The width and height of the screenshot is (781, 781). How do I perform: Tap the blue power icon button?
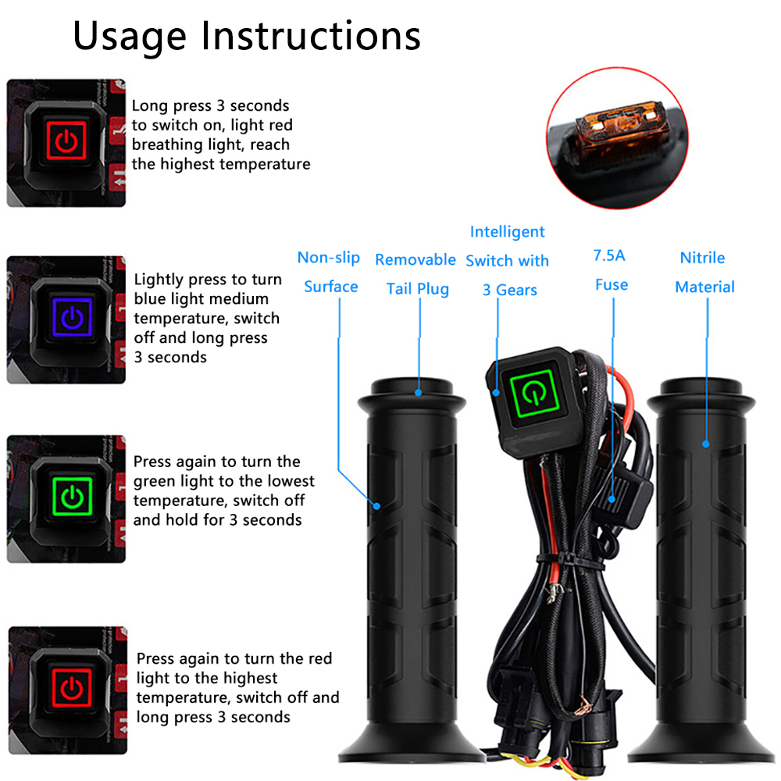(x=71, y=317)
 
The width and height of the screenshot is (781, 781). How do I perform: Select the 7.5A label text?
(x=609, y=255)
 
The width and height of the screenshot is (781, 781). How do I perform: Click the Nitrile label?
(x=702, y=258)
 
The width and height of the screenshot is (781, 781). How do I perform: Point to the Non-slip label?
(x=328, y=258)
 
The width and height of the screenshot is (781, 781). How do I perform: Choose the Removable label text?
(x=415, y=260)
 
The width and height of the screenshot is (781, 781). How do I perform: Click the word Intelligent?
(x=508, y=232)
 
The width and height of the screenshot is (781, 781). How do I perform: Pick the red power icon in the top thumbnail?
(x=67, y=141)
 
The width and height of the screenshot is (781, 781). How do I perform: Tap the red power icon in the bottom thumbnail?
(x=71, y=688)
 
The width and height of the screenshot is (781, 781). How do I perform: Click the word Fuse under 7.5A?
(x=611, y=285)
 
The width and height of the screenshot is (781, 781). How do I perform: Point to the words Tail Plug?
(x=418, y=289)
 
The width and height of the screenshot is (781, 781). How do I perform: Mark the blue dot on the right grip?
(x=705, y=444)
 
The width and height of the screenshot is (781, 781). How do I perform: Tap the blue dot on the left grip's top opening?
(x=419, y=392)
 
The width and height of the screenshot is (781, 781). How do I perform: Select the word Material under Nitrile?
(x=704, y=287)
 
